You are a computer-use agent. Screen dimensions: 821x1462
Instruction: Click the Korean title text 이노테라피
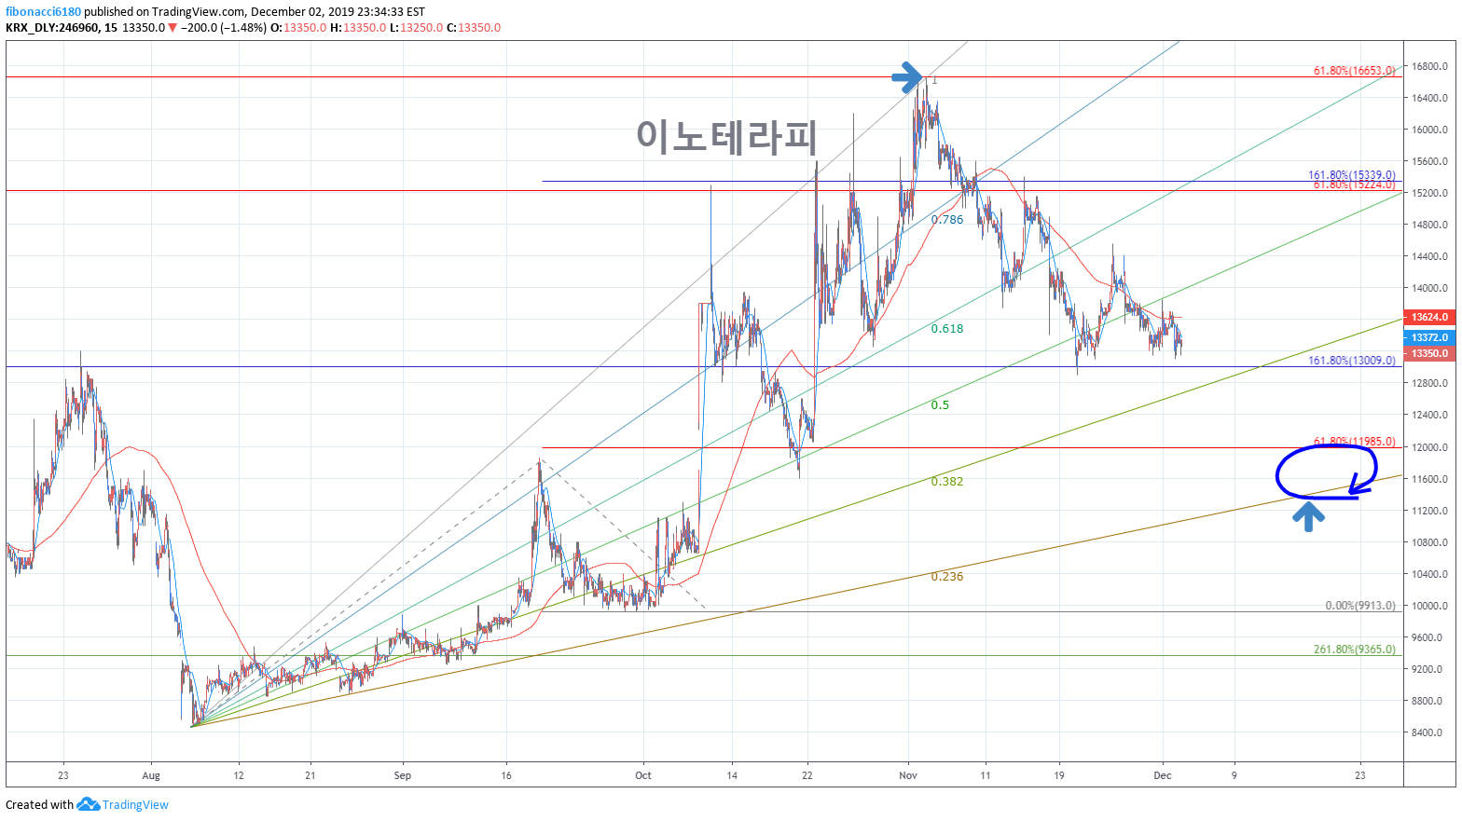726,137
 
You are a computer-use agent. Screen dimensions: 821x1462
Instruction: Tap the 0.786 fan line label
947,220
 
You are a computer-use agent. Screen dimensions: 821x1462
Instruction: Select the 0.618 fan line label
947,329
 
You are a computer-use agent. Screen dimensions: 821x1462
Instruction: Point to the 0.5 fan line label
940,405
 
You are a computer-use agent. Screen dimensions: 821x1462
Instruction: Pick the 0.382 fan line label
947,482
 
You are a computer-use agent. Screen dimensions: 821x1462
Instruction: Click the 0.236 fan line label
947,577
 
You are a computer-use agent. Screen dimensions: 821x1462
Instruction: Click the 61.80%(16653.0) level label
1354,71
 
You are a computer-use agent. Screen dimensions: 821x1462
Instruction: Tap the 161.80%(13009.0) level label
1351,361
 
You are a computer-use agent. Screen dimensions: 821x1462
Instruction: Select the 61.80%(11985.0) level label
1354,442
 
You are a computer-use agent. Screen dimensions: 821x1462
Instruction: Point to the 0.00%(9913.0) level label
1360,606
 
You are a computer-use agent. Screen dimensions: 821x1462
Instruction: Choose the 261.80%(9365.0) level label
1354,650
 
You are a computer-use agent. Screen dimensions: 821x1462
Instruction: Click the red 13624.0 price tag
1429,318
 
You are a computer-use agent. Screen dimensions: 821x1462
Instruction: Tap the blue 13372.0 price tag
1429,337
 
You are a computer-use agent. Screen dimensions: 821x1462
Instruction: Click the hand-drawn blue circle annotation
1325,472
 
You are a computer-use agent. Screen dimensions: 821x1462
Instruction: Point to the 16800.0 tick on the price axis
1429,66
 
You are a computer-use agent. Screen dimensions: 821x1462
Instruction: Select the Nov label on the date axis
908,775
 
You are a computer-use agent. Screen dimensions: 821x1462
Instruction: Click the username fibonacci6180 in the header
43,12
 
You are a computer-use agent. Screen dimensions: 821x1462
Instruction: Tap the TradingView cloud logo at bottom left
88,804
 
